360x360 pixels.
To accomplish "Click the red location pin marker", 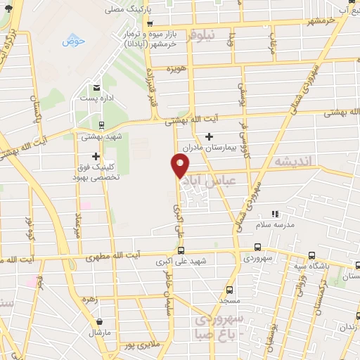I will (x=180, y=165).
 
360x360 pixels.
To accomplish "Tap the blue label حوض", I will (x=73, y=41).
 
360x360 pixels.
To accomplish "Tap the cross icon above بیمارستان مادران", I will (x=209, y=136).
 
